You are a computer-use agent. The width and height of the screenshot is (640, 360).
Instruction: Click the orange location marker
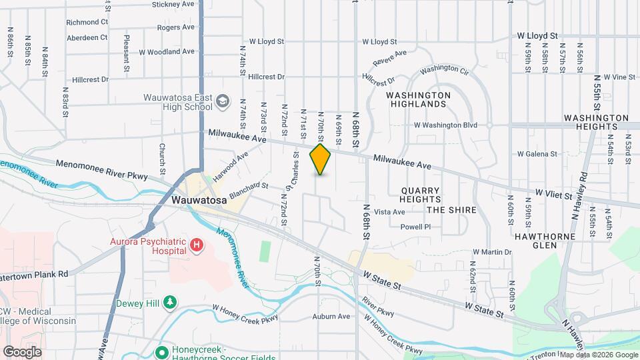pyautogui.click(x=321, y=159)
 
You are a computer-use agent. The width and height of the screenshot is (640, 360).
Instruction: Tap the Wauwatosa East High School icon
pyautogui.click(x=222, y=102)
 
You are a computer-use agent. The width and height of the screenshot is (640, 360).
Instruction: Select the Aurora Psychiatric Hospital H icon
pyautogui.click(x=197, y=246)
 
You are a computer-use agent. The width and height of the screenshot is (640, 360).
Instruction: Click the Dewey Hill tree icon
pyautogui.click(x=171, y=303)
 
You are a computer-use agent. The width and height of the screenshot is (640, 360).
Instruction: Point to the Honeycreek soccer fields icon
pyautogui.click(x=161, y=351)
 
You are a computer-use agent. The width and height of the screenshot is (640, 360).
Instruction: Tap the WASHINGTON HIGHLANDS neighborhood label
pyautogui.click(x=418, y=99)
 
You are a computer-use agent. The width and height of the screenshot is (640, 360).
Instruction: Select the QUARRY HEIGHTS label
pyautogui.click(x=421, y=195)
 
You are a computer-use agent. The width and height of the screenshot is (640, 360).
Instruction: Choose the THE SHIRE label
pyautogui.click(x=451, y=210)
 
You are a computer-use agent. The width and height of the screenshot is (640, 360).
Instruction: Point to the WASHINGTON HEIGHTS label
pyautogui.click(x=596, y=122)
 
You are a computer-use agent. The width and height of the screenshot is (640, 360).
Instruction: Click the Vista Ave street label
pyautogui.click(x=389, y=212)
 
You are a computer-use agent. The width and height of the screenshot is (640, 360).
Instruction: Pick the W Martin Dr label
pyautogui.click(x=492, y=252)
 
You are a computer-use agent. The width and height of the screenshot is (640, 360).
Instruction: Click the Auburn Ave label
pyautogui.click(x=331, y=316)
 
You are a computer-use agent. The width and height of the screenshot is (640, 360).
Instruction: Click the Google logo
pyautogui.click(x=22, y=351)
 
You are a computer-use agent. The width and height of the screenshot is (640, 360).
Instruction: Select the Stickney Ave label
pyautogui.click(x=174, y=4)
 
